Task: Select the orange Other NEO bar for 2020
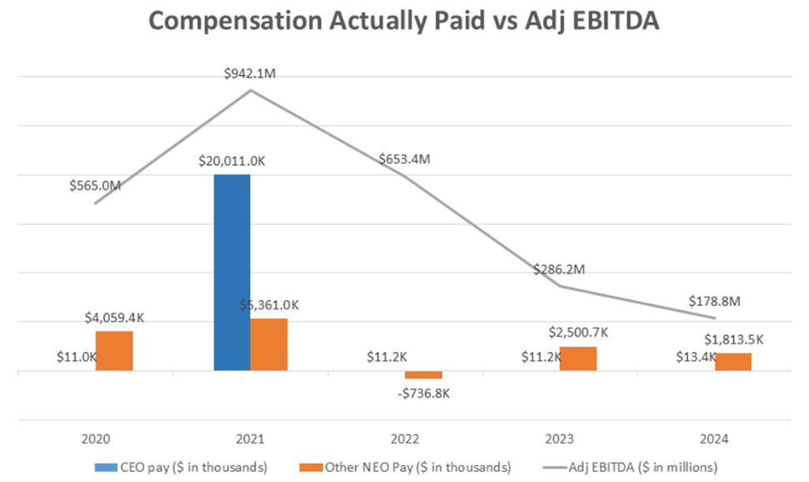pyautogui.click(x=114, y=351)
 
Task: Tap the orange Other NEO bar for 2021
pyautogui.click(x=269, y=344)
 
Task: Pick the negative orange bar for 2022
pyautogui.click(x=423, y=374)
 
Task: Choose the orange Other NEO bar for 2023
pyautogui.click(x=578, y=359)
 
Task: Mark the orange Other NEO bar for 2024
pyautogui.click(x=733, y=362)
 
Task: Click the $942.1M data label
pyautogui.click(x=250, y=74)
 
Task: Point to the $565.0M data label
pyautogui.click(x=95, y=185)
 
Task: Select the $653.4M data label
pyautogui.click(x=404, y=159)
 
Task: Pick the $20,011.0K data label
pyautogui.click(x=232, y=161)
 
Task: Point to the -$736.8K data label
pyautogui.click(x=423, y=393)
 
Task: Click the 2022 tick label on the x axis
pyautogui.click(x=405, y=437)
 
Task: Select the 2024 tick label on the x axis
pyautogui.click(x=714, y=437)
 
